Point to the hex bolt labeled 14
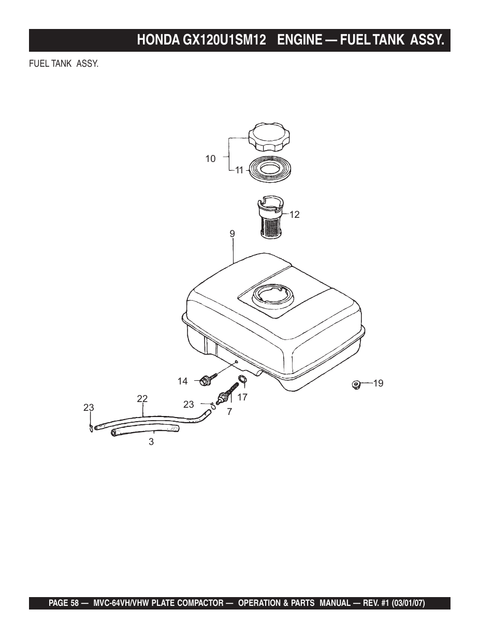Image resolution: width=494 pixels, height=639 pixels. tap(208, 379)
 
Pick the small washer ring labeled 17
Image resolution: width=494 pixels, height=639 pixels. tap(242, 380)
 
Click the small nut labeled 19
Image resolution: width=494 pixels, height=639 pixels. tap(356, 384)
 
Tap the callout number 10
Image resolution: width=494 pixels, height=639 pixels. tap(210, 159)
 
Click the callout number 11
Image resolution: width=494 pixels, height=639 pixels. tap(239, 170)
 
